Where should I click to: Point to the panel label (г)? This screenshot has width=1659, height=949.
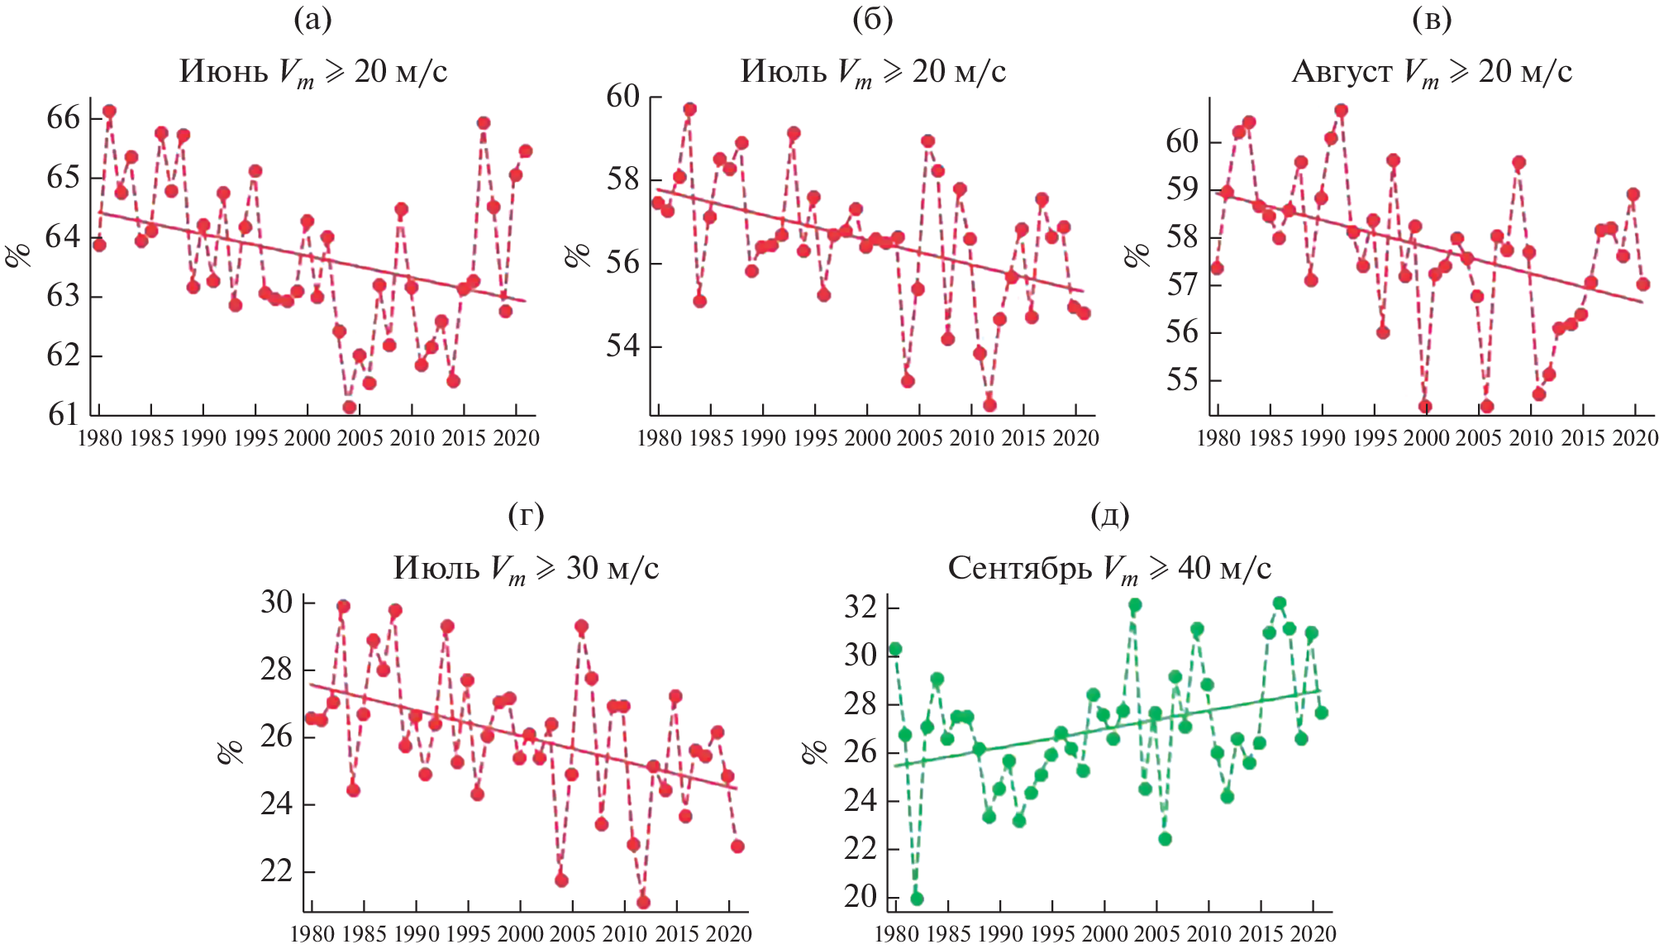click(527, 515)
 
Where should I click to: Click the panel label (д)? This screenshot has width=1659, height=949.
click(1110, 515)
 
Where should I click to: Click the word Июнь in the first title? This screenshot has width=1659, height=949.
click(224, 72)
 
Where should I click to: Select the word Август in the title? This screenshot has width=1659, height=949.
click(1342, 72)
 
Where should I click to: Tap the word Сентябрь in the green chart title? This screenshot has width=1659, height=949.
click(1019, 568)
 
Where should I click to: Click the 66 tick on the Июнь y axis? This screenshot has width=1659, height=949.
click(64, 117)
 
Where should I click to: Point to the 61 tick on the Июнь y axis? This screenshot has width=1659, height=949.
click(64, 413)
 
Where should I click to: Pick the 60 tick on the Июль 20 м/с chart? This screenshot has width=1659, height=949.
click(623, 96)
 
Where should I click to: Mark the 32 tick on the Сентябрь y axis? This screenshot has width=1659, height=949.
click(860, 608)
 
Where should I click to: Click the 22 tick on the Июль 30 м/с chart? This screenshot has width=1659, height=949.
click(276, 871)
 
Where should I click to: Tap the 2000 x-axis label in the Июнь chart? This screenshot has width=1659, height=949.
click(307, 437)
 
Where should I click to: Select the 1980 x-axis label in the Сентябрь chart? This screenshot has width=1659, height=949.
click(896, 935)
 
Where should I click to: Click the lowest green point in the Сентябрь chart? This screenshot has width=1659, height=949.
click(917, 899)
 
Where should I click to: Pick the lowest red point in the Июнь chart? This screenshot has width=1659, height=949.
click(350, 407)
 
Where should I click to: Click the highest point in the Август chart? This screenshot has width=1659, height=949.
click(1342, 110)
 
